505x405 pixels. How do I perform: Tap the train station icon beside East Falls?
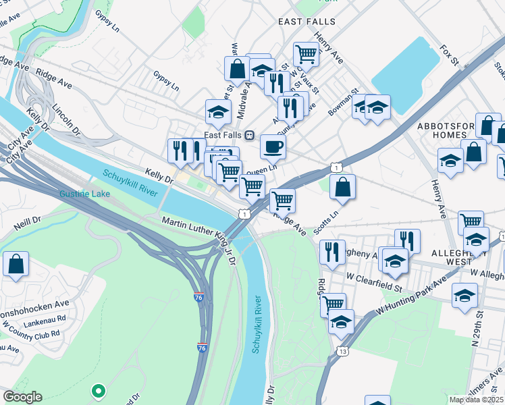click(249, 135)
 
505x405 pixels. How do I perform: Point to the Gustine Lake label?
click(84, 194)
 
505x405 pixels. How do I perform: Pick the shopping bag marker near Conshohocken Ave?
click(16, 264)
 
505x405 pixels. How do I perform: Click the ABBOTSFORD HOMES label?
click(447, 130)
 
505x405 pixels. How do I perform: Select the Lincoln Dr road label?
click(66, 119)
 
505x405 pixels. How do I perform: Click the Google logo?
click(22, 397)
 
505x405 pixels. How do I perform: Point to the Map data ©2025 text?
click(477, 400)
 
